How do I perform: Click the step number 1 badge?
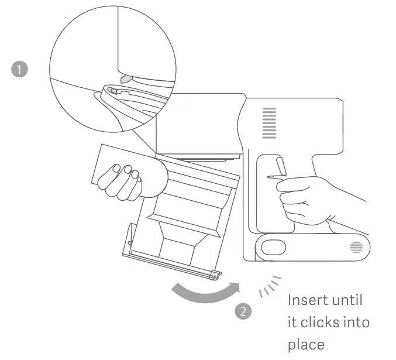click(x=20, y=70)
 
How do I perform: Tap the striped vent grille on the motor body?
click(x=269, y=122)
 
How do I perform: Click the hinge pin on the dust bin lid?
click(x=216, y=273)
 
